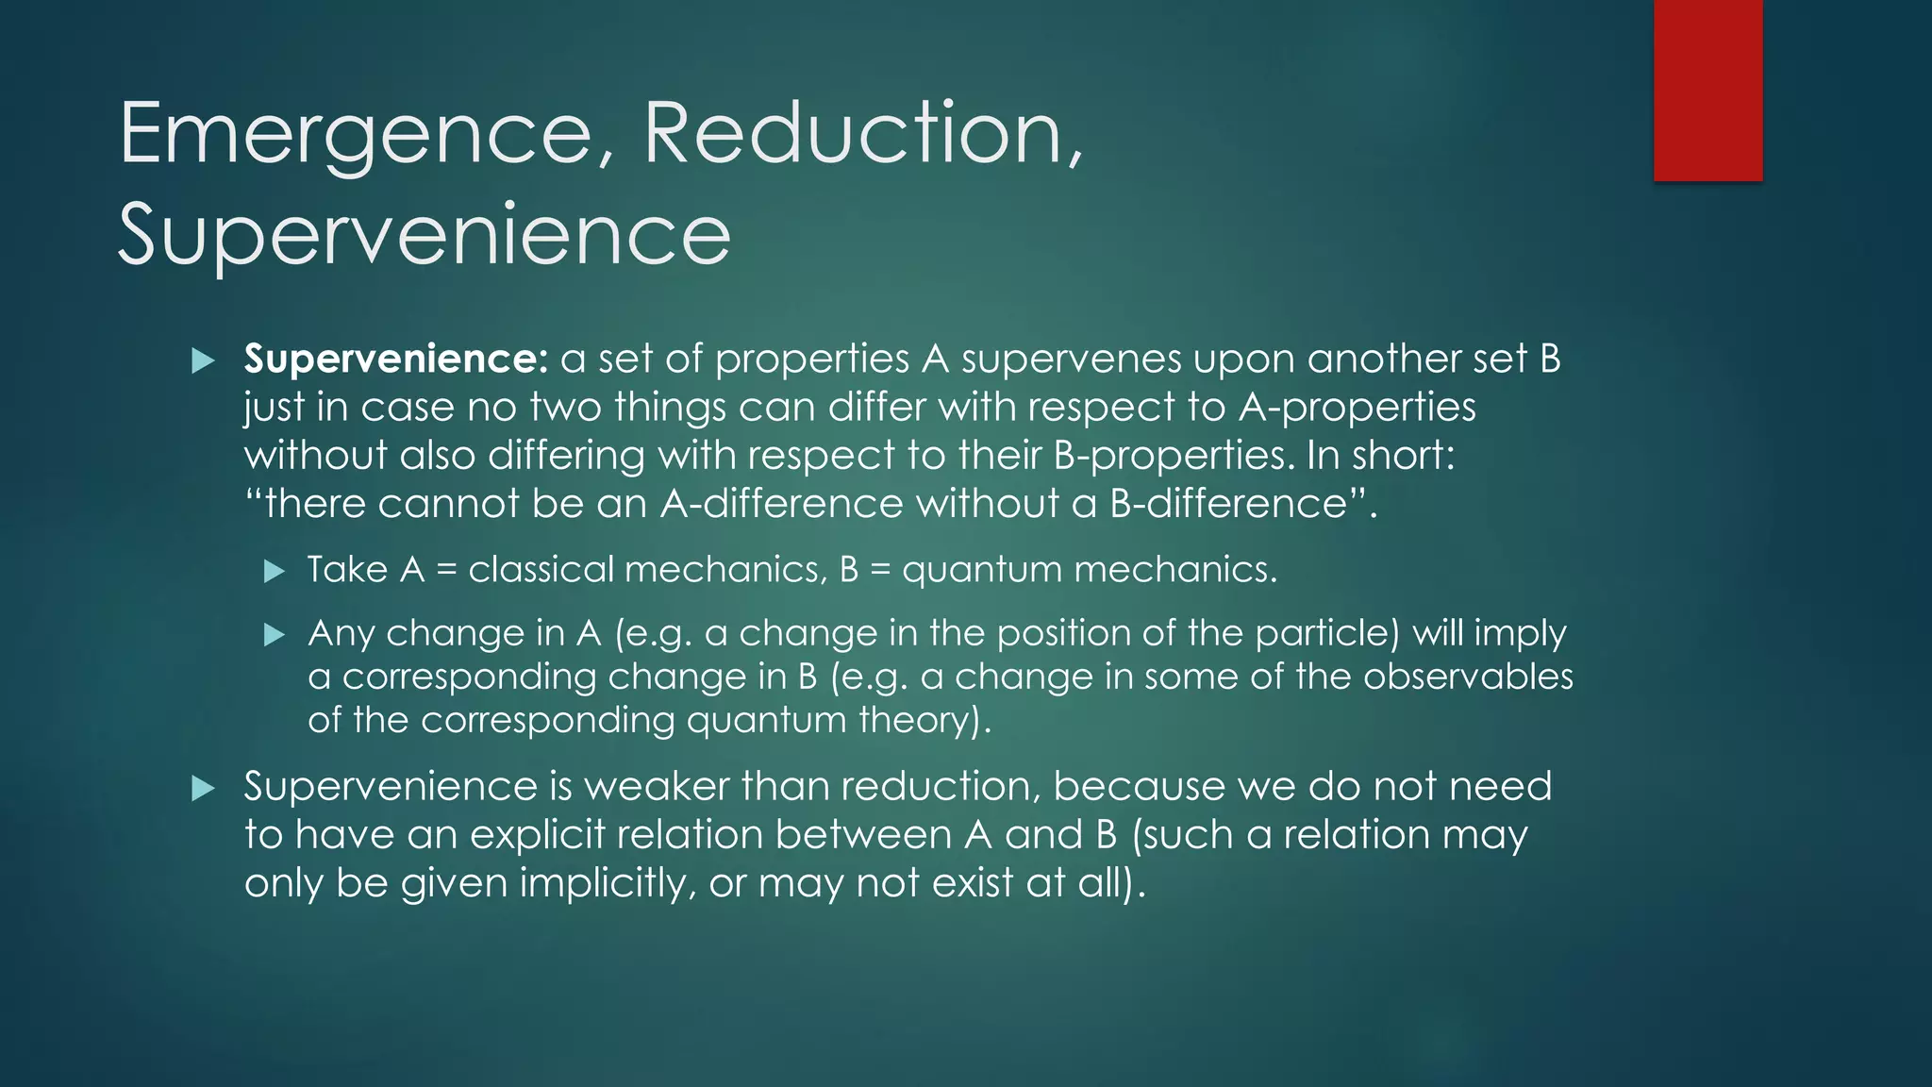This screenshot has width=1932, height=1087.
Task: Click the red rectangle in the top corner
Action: tap(1707, 91)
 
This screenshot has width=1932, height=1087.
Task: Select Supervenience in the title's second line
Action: tap(424, 236)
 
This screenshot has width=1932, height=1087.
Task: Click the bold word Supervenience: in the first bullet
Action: tap(395, 359)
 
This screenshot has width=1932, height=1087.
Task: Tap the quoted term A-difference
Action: tap(782, 504)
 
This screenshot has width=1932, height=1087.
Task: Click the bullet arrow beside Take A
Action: tap(275, 571)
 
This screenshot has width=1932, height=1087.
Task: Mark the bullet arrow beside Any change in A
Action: tap(275, 634)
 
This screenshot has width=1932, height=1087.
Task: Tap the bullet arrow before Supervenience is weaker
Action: tap(203, 788)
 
